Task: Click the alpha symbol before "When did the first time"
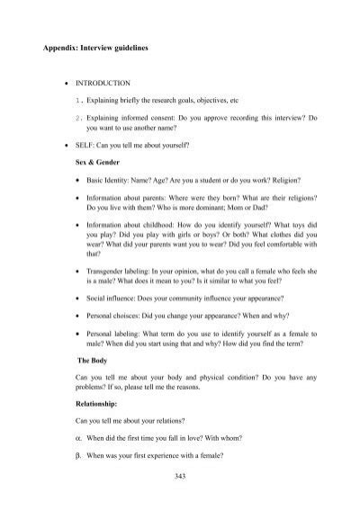(x=79, y=441)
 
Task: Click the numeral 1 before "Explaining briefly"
(x=79, y=99)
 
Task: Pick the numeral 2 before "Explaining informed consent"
(x=79, y=117)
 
